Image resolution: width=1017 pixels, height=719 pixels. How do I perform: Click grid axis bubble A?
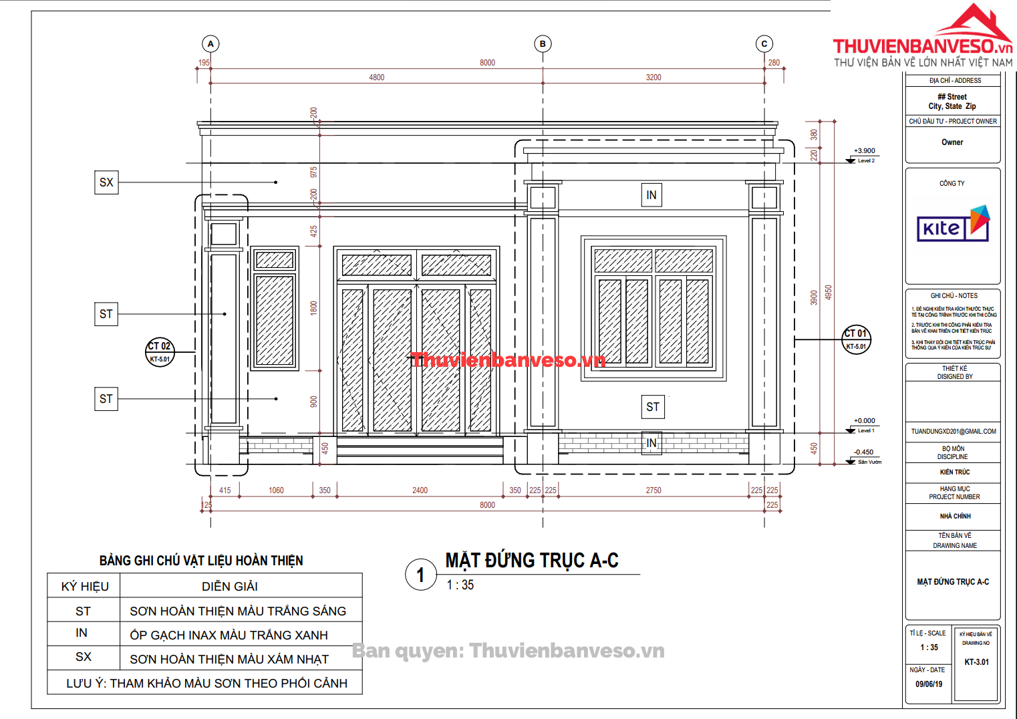pos(210,44)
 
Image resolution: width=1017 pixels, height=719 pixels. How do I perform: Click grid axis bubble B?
pos(543,44)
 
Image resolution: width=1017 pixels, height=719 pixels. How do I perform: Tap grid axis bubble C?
pos(764,44)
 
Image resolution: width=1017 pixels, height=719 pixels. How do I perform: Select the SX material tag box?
pos(106,182)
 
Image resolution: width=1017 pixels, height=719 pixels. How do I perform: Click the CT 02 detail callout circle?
pos(160,351)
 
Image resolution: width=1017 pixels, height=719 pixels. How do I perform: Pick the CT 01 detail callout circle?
pos(856,339)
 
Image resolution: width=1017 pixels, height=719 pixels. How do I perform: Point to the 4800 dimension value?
pos(377,78)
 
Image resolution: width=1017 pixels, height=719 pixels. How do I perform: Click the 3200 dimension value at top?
pos(653,78)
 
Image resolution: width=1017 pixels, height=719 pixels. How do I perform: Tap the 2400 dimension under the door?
pos(420,490)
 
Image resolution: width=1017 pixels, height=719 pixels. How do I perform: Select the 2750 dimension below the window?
pos(653,490)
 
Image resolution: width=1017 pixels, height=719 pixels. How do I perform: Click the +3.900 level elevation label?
pos(864,151)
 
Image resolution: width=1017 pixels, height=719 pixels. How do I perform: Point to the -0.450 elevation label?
pos(863,452)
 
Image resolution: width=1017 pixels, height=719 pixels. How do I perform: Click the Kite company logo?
pos(953,225)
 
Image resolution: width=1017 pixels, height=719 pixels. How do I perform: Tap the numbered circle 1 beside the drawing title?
pos(421,575)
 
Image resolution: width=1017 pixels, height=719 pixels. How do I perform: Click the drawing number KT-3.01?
pos(976,662)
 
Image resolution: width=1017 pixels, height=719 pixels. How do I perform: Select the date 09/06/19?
pos(929,684)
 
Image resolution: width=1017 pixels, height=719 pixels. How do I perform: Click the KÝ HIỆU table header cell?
pos(84,587)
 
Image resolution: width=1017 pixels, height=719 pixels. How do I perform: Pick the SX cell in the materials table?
pos(84,657)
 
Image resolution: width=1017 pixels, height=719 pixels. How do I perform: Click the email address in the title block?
pos(954,432)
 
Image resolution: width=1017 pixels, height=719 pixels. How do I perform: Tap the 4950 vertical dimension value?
pos(829,293)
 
